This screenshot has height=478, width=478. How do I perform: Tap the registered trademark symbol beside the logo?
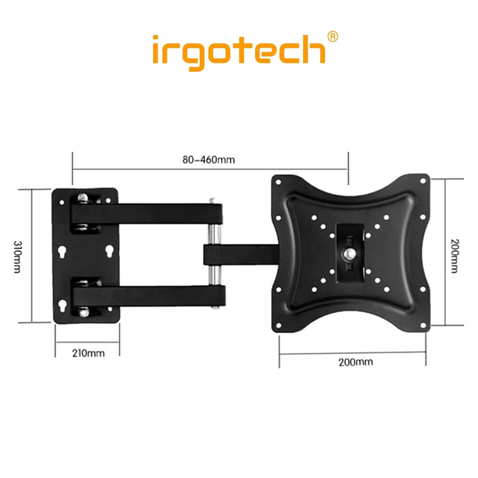(x=332, y=36)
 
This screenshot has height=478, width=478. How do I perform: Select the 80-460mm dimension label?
(x=209, y=160)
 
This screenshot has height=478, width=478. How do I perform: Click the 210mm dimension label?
(x=88, y=353)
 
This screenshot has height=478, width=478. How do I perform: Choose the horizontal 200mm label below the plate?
(x=356, y=362)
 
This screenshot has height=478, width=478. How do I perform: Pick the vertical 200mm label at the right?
(x=455, y=256)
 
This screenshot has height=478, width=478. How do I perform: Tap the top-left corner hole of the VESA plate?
(x=278, y=182)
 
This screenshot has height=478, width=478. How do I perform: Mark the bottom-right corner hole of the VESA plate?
(x=423, y=325)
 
